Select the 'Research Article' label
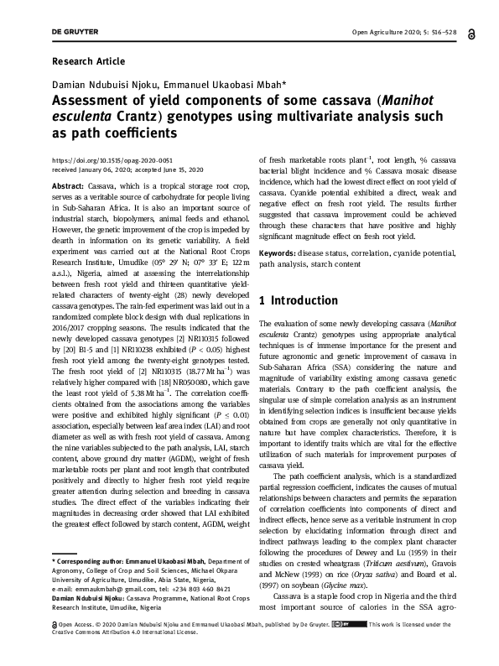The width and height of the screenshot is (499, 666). [x=88, y=61]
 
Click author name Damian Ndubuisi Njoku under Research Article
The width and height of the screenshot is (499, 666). [x=101, y=85]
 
